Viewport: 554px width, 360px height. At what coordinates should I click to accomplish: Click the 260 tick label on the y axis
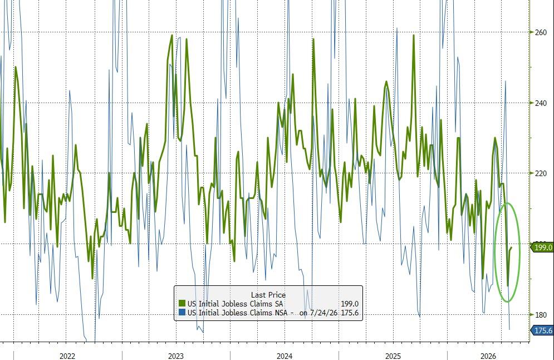(x=541, y=32)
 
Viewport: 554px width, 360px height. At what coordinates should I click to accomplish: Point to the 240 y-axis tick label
(x=541, y=103)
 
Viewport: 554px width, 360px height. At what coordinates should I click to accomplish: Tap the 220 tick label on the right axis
(x=541, y=173)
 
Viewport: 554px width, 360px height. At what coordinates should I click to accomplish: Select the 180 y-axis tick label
(x=541, y=315)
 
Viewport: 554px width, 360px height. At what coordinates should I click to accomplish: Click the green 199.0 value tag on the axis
(x=542, y=247)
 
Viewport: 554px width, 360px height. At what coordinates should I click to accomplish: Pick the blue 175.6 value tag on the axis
(x=542, y=330)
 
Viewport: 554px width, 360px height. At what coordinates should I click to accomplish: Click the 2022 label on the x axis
(x=67, y=356)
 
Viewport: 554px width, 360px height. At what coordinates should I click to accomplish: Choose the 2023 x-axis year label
(x=175, y=356)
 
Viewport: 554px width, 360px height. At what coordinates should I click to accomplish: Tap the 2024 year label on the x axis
(x=285, y=356)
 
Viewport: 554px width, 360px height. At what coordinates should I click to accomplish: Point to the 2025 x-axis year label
(x=393, y=356)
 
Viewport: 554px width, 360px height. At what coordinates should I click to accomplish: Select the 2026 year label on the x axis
(x=488, y=356)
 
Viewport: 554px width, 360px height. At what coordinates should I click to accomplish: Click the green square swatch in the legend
(x=182, y=304)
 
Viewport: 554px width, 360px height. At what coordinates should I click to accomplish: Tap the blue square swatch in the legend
(x=182, y=313)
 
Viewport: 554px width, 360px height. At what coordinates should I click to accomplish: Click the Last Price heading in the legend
(x=268, y=295)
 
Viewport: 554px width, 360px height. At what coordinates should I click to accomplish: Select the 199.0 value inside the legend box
(x=350, y=304)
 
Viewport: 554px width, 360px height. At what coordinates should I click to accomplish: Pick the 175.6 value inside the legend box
(x=350, y=313)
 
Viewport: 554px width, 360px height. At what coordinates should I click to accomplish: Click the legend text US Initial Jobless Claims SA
(x=236, y=304)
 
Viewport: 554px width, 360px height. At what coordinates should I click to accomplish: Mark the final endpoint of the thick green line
(x=511, y=247)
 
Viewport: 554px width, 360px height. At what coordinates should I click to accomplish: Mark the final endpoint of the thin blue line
(x=509, y=329)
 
